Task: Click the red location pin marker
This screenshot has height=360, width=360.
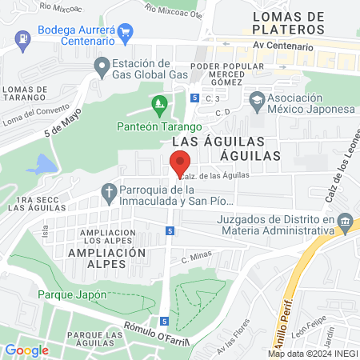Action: pos(180,162)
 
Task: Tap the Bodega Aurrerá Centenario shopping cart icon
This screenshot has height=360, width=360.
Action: pos(124,33)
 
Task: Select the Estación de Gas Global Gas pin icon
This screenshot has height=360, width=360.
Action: pos(101,70)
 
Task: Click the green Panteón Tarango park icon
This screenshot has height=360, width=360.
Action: pos(159,103)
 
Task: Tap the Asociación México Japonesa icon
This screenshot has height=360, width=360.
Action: pos(257,100)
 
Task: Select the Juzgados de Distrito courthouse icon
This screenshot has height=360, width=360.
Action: pos(345,220)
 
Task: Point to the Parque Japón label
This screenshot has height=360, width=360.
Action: pos(72,294)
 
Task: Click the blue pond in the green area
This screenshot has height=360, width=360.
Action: pos(42,165)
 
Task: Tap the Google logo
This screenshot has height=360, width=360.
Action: pos(26,350)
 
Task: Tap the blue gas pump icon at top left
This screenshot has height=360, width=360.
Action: pos(25,36)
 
